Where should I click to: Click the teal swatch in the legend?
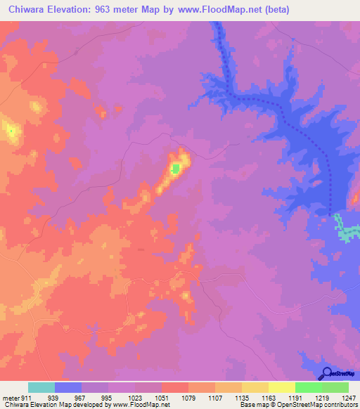click(x=41, y=387)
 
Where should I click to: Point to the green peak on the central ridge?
click(x=175, y=168)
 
